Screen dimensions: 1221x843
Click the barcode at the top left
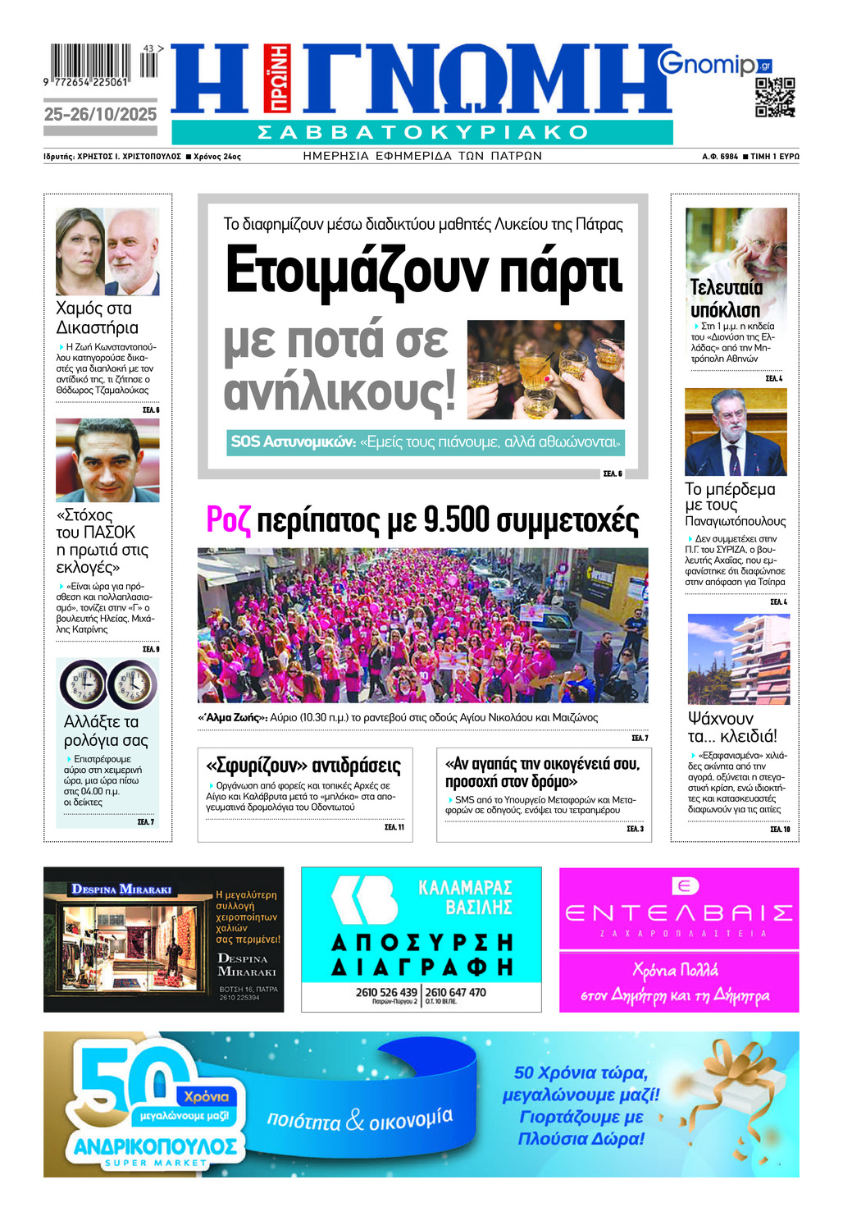(90, 62)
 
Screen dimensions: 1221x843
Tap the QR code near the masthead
(775, 98)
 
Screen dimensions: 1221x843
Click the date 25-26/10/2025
(100, 115)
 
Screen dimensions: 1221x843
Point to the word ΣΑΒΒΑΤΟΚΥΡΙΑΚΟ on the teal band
(422, 132)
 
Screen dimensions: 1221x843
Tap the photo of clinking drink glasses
(545, 369)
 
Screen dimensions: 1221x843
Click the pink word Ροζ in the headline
(227, 520)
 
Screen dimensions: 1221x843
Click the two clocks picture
(107, 684)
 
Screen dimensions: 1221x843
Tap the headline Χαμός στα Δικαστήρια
(97, 318)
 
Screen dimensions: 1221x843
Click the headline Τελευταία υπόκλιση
(726, 299)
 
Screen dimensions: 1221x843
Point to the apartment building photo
(738, 658)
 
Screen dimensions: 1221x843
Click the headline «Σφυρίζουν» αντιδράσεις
(303, 766)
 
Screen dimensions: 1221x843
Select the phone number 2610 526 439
(386, 992)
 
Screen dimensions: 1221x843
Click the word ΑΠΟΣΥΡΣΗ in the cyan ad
(421, 943)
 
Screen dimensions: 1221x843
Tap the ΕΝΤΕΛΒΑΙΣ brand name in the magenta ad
(678, 912)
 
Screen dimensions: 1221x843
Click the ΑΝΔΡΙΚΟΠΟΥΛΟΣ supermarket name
(156, 1146)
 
